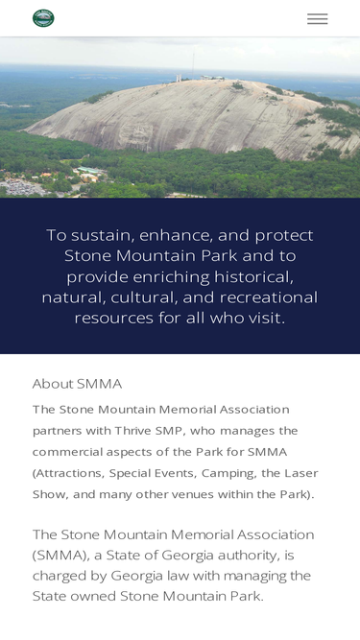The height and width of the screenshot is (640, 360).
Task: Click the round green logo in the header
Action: coord(43,18)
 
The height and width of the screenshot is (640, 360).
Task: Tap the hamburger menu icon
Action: coord(317,19)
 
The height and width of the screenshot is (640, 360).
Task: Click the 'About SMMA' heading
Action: coord(77,384)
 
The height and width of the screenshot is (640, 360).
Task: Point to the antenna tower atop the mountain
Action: coord(193,65)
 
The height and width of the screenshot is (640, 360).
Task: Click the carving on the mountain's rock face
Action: coord(136,133)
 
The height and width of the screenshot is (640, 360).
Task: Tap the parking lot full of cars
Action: coord(22,188)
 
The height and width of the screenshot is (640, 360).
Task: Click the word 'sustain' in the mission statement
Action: coord(103,235)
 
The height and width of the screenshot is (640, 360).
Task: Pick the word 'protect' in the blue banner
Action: coord(284,236)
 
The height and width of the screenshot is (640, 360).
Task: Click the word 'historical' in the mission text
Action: coord(253,277)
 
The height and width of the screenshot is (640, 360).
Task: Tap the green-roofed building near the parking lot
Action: coord(90,170)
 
